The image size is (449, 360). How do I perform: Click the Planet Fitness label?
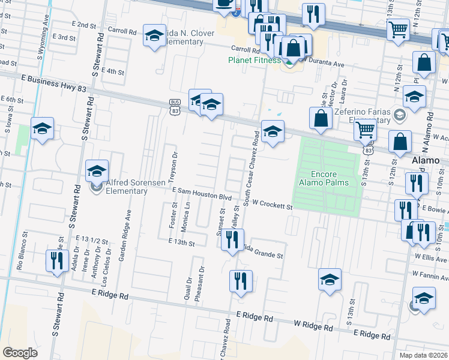pyautogui.click(x=255, y=60)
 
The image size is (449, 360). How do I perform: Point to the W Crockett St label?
pyautogui.click(x=271, y=206)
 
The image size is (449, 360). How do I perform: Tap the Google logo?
pyautogui.click(x=20, y=352)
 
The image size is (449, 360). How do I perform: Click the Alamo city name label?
pyautogui.click(x=426, y=161)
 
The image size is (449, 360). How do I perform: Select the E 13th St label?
pyautogui.click(x=184, y=244)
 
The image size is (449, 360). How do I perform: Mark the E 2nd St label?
pyautogui.click(x=83, y=25)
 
